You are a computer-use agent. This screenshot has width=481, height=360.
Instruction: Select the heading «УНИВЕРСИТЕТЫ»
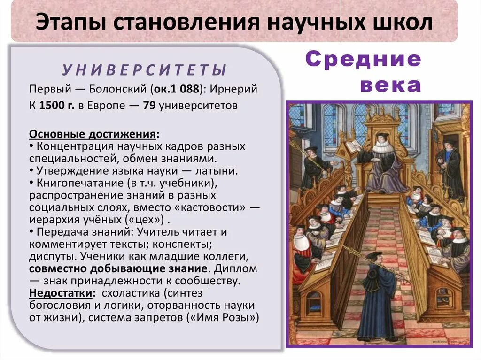pyautogui.click(x=145, y=70)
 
